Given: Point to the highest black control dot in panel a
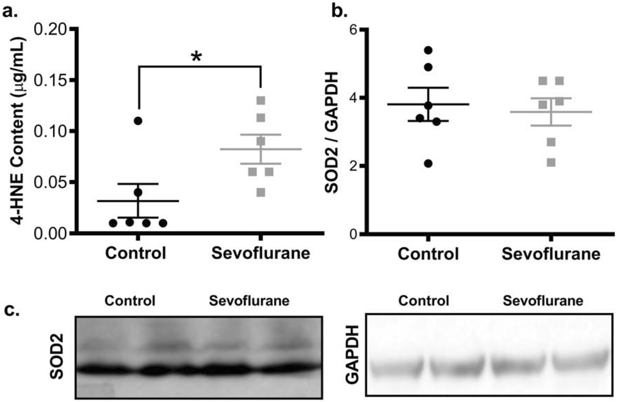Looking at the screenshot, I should tap(138, 121).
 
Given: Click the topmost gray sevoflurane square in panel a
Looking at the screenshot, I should tap(261, 101).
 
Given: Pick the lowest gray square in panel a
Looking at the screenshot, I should tap(261, 193).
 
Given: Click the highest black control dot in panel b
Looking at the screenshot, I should tap(428, 50).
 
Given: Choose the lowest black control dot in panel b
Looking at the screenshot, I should tap(428, 164).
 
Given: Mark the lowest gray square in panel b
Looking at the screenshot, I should tap(551, 162).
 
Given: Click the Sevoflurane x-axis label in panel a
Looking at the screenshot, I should tap(261, 253).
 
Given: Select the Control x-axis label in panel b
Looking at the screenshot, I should tap(428, 254).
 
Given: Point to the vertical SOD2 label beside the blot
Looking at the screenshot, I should tap(57, 356).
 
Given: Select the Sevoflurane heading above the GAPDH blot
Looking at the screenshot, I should tap(543, 301).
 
